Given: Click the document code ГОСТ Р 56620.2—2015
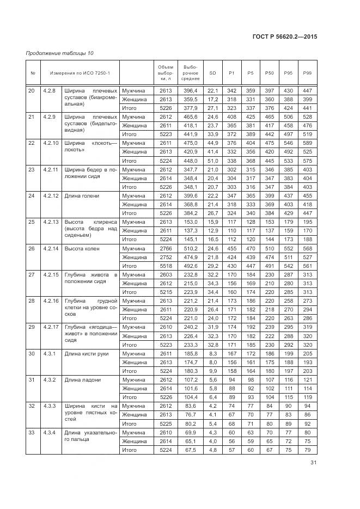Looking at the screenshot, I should [285, 36].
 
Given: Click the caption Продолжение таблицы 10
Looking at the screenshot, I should [60, 53].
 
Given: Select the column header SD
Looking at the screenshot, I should [212, 73].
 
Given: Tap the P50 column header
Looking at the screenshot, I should [269, 73].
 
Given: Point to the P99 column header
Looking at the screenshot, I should [307, 73].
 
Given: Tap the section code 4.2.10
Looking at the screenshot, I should [51, 143].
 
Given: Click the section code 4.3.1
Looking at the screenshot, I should [50, 353].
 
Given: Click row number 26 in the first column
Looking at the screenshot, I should [32, 248].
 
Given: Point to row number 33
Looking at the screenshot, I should [32, 432].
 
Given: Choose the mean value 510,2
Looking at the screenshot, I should [191, 248].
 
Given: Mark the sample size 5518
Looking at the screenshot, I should [165, 266].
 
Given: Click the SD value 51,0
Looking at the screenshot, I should [212, 161].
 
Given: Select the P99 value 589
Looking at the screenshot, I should [307, 143].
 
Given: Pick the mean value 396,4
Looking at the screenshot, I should [191, 90].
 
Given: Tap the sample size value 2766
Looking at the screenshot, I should [165, 248].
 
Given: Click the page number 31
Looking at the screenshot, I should [313, 463].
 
